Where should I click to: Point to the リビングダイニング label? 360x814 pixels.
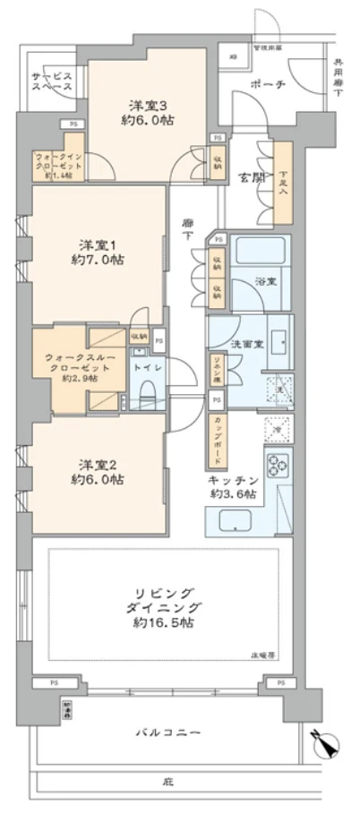[x=163, y=608]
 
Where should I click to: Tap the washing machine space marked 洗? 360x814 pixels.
[x=279, y=386]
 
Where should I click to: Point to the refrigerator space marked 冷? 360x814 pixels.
[x=279, y=430]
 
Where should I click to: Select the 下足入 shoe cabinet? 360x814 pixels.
[x=283, y=183]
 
